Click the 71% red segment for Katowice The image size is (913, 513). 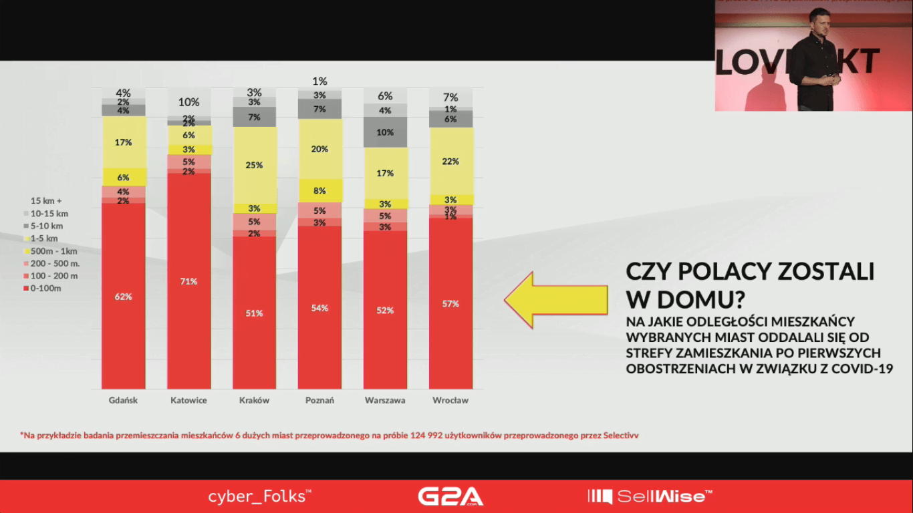(189, 281)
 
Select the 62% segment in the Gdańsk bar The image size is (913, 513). (124, 297)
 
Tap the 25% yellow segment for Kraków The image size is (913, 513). (255, 165)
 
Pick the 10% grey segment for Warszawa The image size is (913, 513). (385, 132)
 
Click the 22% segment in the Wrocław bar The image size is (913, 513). (450, 161)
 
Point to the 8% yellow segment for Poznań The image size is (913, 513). (319, 190)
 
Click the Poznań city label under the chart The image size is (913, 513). (319, 400)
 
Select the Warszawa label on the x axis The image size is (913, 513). (385, 400)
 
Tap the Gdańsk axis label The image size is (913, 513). (124, 400)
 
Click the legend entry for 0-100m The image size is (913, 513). (46, 289)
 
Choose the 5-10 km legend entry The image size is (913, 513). (47, 226)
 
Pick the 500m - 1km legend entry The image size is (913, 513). (53, 251)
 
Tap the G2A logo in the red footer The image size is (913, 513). (450, 496)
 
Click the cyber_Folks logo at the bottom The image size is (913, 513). (260, 496)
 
